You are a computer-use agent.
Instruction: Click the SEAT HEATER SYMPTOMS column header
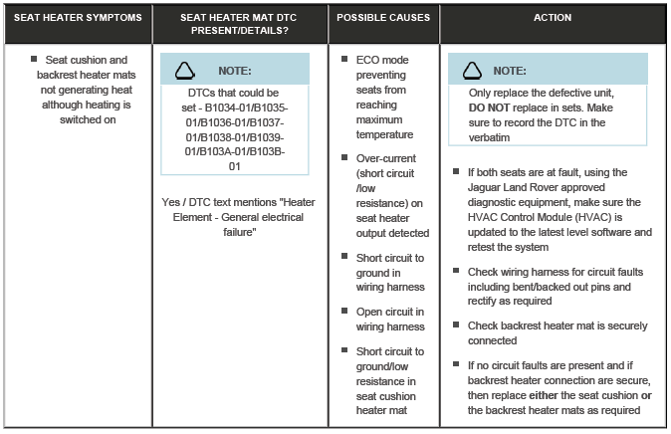(76, 19)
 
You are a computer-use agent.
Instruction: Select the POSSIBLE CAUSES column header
(383, 19)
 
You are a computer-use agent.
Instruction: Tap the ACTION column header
(553, 19)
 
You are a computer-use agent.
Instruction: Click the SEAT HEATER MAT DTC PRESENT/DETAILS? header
(240, 24)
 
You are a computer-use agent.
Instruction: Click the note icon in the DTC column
(187, 70)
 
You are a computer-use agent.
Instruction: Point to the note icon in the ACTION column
(474, 70)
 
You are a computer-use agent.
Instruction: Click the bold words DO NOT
(490, 107)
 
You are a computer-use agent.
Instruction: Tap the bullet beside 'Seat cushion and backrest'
(34, 60)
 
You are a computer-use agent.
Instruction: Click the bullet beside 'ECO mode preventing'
(344, 61)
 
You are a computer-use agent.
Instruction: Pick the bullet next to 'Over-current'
(344, 158)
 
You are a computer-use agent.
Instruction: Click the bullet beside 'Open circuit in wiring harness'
(344, 312)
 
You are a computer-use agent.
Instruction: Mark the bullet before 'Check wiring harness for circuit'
(456, 271)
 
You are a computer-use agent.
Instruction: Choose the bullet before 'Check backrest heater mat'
(456, 325)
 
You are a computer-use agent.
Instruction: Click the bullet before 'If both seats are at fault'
(456, 173)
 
